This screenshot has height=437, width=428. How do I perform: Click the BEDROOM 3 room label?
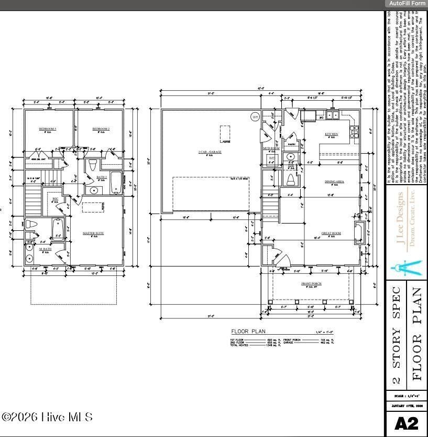tap(48, 129)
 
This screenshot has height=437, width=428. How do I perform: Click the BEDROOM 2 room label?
tap(101, 129)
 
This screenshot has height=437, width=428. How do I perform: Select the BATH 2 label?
tap(102, 177)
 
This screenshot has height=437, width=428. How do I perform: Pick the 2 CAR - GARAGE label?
tap(209, 152)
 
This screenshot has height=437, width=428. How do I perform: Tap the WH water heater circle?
tap(255, 116)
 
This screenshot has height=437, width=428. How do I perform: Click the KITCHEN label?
tap(331, 134)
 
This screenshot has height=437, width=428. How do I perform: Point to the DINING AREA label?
tap(334, 182)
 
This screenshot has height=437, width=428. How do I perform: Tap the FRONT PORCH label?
tap(311, 284)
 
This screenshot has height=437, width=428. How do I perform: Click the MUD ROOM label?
tap(271, 148)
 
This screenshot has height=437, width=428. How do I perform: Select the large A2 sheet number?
tap(405, 424)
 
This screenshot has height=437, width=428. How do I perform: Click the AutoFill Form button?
tap(407, 3)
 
